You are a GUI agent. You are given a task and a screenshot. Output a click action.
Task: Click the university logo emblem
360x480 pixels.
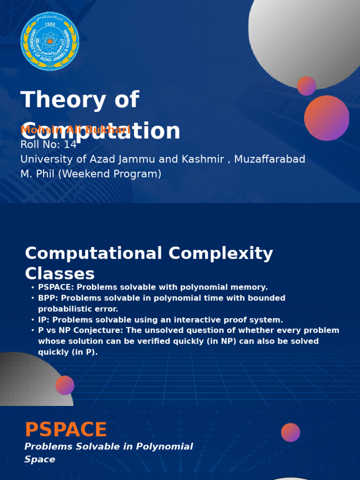click(50, 41)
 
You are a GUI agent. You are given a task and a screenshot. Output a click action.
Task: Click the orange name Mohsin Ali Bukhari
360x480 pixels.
click(75, 130)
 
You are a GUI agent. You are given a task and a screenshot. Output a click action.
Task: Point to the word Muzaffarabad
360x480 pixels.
click(270, 159)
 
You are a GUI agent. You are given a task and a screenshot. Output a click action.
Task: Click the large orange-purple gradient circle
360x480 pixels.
click(327, 118)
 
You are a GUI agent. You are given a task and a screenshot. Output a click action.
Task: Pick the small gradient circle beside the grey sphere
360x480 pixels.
click(307, 86)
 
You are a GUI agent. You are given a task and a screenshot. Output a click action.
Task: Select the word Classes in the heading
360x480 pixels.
click(60, 274)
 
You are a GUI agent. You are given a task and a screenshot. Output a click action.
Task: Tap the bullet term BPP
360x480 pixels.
click(47, 298)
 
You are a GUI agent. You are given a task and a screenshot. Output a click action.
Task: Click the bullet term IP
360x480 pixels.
click(43, 320)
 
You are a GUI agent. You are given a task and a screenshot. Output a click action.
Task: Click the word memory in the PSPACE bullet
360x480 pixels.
click(249, 287)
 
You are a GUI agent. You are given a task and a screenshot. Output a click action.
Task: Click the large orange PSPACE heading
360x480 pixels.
click(66, 430)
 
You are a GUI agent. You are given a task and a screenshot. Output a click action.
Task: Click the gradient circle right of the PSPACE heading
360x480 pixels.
click(291, 432)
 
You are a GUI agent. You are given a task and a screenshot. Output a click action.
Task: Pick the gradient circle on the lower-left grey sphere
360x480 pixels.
click(65, 385)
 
